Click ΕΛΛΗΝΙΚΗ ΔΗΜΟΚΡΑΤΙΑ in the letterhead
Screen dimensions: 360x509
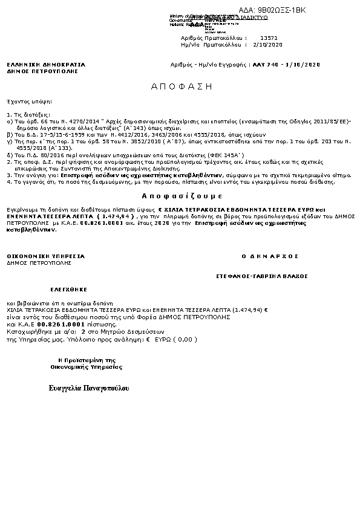(46, 65)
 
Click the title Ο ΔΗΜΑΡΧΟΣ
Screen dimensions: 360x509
(270, 256)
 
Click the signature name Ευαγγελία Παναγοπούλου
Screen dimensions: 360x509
(89, 387)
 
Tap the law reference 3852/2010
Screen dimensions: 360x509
(133, 140)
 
